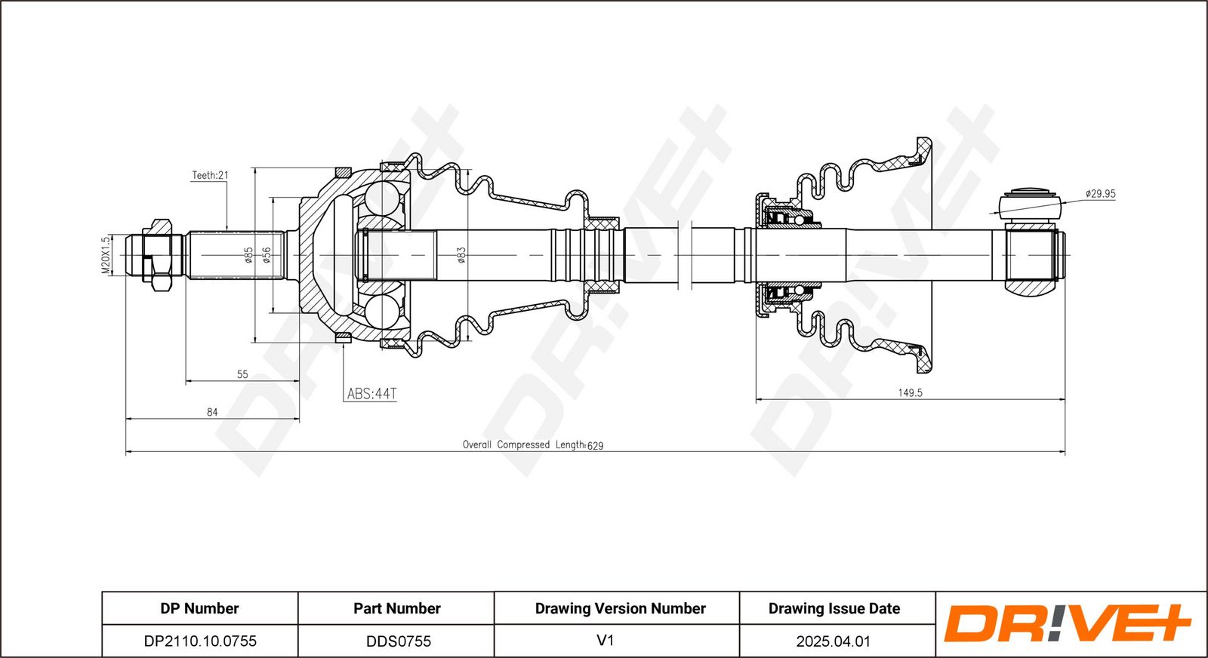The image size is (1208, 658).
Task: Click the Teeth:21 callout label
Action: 211,175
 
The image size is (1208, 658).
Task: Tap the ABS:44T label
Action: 371,394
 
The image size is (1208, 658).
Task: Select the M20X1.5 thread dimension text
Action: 106,254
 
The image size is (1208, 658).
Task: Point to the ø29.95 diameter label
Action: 1100,193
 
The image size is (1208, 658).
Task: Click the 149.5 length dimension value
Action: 910,393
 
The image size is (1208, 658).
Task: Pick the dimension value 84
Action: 212,412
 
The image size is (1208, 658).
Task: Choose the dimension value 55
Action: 242,374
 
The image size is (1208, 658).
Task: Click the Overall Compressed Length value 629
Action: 596,446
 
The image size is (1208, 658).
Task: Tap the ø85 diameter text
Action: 248,255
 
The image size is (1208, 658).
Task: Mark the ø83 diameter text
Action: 461,255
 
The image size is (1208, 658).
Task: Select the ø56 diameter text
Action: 266,255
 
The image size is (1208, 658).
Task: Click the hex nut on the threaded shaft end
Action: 161,255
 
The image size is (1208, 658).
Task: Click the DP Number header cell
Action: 199,608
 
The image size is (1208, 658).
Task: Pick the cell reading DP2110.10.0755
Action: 199,641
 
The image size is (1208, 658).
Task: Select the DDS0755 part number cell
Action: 398,641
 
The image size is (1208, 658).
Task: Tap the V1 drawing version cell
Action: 605,641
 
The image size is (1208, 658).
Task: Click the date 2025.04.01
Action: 834,641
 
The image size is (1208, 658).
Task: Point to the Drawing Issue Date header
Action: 834,608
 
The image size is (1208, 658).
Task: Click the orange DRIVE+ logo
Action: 1067,623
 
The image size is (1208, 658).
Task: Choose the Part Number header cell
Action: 397,608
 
